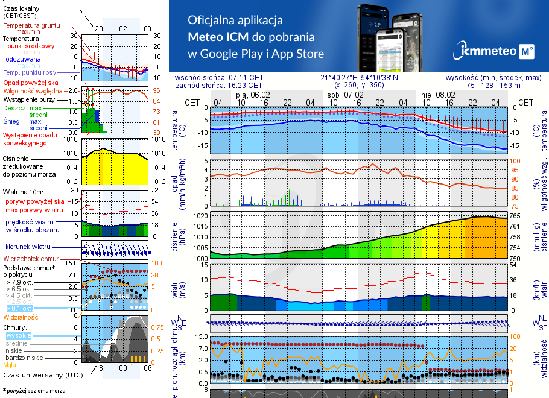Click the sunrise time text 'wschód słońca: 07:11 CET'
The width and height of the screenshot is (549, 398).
pyautogui.click(x=227, y=78)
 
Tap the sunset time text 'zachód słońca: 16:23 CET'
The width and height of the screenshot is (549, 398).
pyautogui.click(x=227, y=86)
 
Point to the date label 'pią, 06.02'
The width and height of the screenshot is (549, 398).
pyautogui.click(x=253, y=95)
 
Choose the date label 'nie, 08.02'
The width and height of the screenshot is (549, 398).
pyautogui.click(x=438, y=95)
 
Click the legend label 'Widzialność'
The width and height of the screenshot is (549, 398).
pyautogui.click(x=21, y=316)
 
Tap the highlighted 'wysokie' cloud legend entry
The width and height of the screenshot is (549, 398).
pyautogui.click(x=18, y=335)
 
